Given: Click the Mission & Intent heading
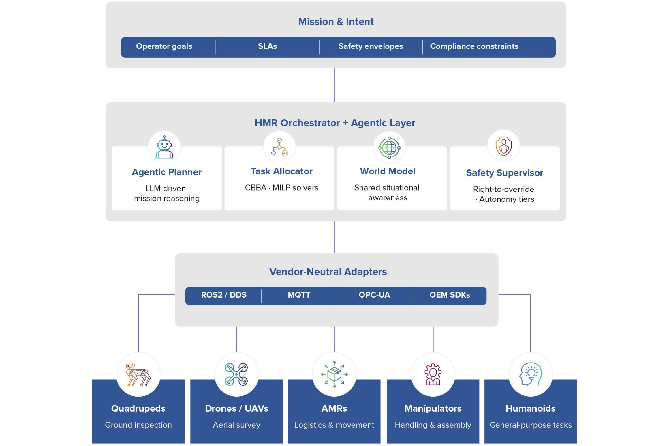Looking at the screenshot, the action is coord(336,22).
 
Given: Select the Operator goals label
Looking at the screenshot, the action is coord(164,46).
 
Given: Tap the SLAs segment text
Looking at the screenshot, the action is coord(267,46).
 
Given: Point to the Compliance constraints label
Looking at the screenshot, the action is coord(474,46).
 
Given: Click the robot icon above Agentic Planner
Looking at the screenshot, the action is coord(164,147).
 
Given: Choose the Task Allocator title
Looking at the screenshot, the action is coord(281,171).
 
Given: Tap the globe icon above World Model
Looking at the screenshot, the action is coord(389,148).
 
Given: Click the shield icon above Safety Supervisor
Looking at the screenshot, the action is coord(503,146).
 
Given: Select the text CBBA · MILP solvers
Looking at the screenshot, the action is coord(281,188).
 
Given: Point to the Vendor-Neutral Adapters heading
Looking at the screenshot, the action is coord(328,272).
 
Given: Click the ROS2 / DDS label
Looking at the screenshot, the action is coord(223,295).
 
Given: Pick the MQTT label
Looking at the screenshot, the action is coord(299,295).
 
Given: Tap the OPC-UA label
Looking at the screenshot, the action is coord(374,295).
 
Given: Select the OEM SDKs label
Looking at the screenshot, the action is coord(450,295).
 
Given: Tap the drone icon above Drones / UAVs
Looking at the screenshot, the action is coord(236,374).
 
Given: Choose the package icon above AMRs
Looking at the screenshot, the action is coord(334,374).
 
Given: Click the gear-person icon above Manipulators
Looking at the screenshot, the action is coord(433,374).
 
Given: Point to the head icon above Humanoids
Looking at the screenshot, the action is coord(531,374).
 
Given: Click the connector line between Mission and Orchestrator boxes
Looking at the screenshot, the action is coord(334,85).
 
